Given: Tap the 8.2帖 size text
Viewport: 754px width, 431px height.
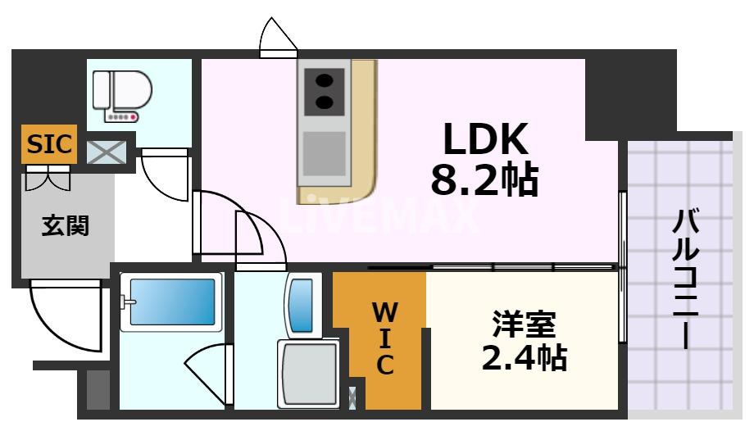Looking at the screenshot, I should pos(484,179).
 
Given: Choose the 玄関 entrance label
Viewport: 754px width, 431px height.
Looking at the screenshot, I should pos(66,225).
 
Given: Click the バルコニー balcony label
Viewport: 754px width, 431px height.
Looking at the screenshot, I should pos(686,279).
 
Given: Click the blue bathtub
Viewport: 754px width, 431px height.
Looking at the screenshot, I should pos(171,302).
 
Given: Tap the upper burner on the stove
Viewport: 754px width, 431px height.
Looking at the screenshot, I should pos(325,81).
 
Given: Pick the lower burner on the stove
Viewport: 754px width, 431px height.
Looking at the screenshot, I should pos(325,103).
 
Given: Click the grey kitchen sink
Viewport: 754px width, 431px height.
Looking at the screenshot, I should pos(325,151).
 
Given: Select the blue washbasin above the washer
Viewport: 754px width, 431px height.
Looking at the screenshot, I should pos(302,305).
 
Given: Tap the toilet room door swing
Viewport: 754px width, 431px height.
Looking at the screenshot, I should pos(167,175).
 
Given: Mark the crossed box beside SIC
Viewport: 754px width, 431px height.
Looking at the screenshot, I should pos(107,152).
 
